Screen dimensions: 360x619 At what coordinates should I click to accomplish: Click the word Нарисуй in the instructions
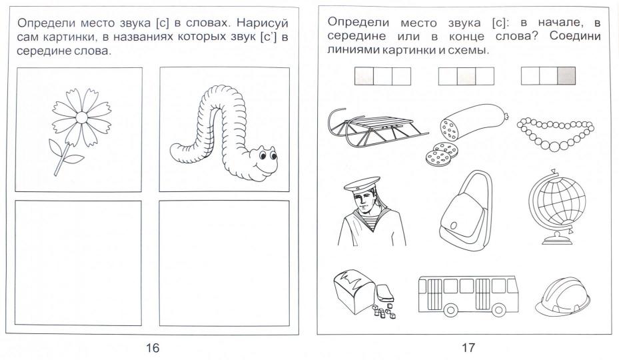click(x=264, y=23)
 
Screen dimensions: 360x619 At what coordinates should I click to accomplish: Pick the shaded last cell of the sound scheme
click(x=566, y=76)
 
